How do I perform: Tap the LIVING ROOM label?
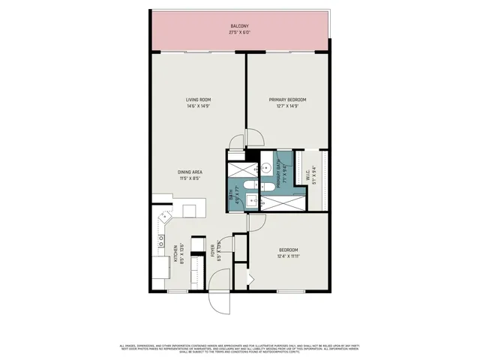[x=198, y=100]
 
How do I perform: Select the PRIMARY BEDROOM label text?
[x=288, y=100]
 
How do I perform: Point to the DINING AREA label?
[x=190, y=172]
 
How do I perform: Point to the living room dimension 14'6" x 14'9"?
[x=198, y=106]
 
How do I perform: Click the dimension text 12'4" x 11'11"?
[x=289, y=256]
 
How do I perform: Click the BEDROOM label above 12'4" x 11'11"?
[x=289, y=250]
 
